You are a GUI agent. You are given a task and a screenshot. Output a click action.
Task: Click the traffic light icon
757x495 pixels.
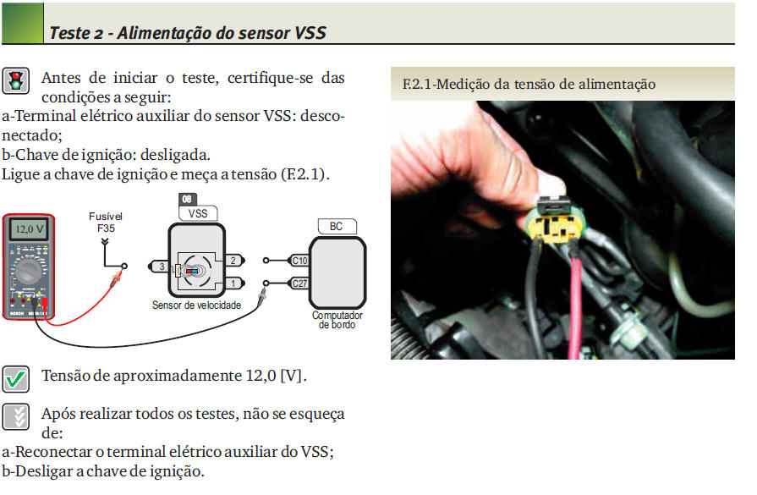(16, 80)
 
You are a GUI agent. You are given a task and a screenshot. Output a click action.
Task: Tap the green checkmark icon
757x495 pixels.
(15, 379)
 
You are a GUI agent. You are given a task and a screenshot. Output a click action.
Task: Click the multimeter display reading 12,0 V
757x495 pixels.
(30, 229)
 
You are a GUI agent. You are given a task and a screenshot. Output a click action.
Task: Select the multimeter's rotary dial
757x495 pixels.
(29, 272)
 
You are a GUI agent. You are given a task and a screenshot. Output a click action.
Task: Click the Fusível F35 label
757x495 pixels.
(106, 223)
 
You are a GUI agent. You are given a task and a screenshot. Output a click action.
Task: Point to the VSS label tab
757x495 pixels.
(198, 213)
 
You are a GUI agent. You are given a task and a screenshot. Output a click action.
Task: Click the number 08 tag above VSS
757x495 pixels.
(187, 199)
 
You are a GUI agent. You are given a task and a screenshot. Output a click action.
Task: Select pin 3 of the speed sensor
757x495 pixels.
(159, 267)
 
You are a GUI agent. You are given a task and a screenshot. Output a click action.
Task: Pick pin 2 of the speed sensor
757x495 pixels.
(235, 261)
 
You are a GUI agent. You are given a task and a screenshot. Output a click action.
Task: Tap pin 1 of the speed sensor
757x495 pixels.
(235, 283)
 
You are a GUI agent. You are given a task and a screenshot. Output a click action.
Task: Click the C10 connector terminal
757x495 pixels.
(299, 261)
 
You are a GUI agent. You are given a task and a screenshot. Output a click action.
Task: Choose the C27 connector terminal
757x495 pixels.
(299, 283)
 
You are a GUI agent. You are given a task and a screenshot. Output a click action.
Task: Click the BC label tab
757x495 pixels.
(337, 226)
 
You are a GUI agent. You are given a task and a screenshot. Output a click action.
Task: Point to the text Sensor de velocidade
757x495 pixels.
(196, 305)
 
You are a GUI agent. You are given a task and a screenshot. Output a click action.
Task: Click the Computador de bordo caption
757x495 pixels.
(337, 320)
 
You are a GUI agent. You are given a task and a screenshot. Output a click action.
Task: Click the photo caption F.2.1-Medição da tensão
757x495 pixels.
(529, 84)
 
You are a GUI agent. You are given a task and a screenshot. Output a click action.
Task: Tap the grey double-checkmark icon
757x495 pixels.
(15, 417)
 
